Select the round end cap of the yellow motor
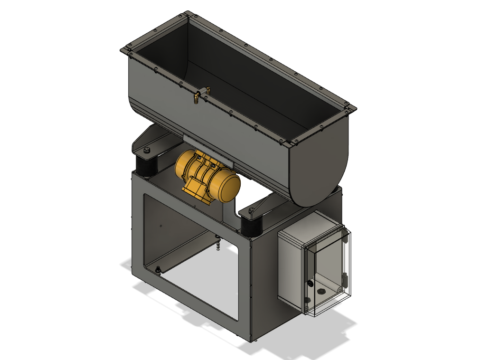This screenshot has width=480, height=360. (230, 186)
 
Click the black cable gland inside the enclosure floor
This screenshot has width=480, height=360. (311, 284)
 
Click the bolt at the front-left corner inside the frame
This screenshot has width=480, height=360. (158, 270)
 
